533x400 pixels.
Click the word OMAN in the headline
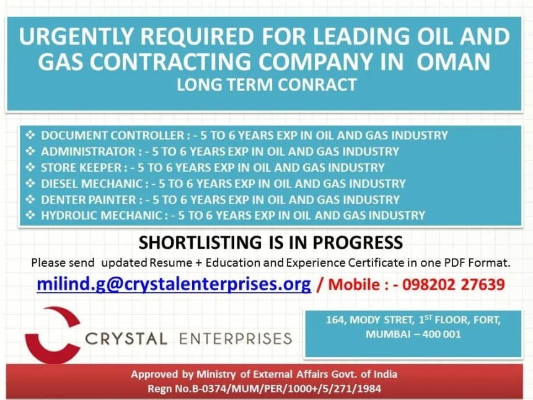[x=454, y=61]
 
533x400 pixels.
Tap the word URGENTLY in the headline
[x=76, y=36]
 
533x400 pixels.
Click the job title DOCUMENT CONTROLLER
[x=113, y=135]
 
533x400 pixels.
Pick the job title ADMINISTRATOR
[x=89, y=151]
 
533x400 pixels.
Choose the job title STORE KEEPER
[x=81, y=167]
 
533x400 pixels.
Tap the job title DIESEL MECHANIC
[x=92, y=184]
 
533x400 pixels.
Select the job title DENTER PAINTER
[x=89, y=199]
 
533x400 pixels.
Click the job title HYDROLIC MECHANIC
[x=101, y=215]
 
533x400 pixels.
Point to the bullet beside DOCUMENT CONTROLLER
[x=30, y=135]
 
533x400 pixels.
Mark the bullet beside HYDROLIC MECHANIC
[x=30, y=215]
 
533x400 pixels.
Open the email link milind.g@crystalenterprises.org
[x=174, y=285]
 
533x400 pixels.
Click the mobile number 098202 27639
[x=454, y=285]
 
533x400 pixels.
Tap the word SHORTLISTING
[x=200, y=242]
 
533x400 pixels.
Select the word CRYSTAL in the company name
[x=126, y=339]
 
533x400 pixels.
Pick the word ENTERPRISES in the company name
[x=236, y=339]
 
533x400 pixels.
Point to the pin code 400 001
[x=441, y=334]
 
